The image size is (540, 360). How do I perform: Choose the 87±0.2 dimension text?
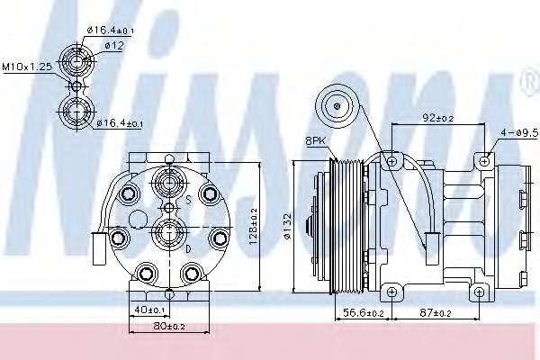[436, 313]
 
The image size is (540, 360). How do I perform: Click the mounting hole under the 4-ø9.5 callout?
[485, 162]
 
